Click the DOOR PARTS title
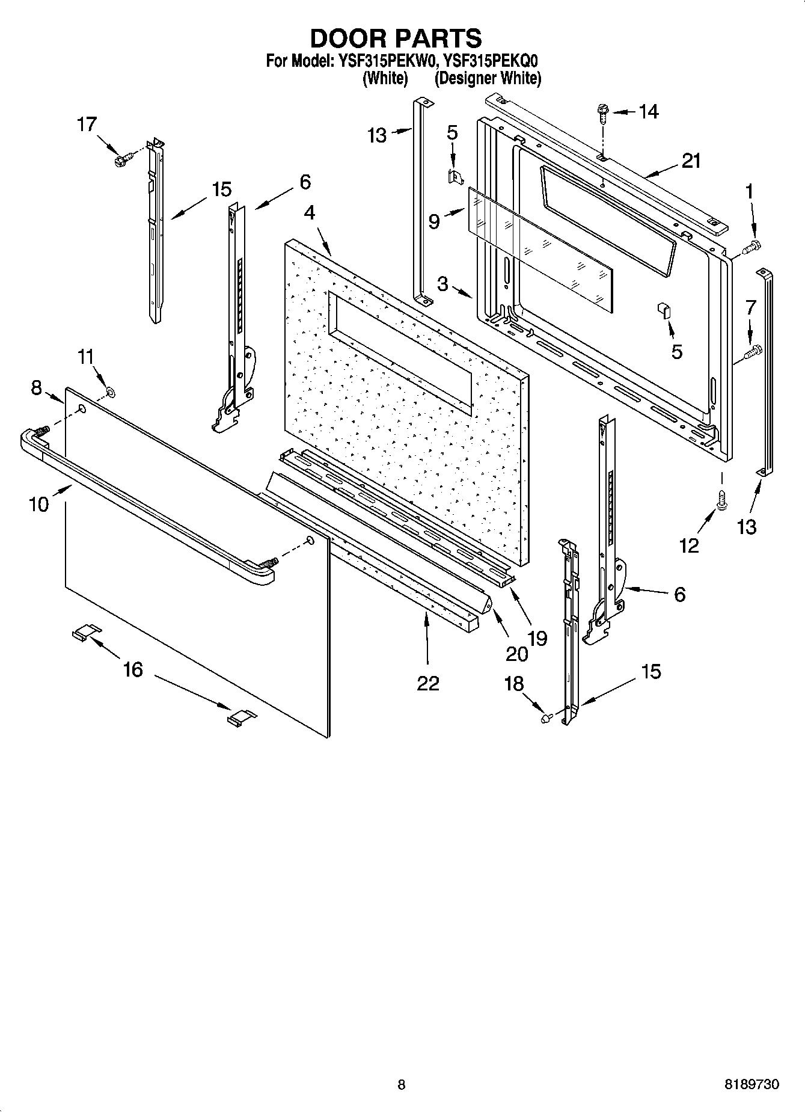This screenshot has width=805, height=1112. pos(396,38)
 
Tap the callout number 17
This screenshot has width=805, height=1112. pos(87,124)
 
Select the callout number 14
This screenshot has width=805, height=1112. pos(648,111)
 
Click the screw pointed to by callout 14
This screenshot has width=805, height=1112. pos(602,111)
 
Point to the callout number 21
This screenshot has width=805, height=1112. pos(691,161)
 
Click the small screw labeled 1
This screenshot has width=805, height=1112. pos(752,245)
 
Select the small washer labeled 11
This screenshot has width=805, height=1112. pos(111,393)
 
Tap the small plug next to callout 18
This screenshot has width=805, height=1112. pos(546,717)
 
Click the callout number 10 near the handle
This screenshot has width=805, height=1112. pos(38,503)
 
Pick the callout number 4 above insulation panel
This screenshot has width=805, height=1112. pos(309,212)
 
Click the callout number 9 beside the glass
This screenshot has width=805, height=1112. pos(434,221)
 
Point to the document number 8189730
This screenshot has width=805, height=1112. pos(751,1085)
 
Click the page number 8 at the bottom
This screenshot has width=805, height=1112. pos(401,1085)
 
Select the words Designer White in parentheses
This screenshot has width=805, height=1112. pos(488,78)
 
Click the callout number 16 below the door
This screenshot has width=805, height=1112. pos(132,669)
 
